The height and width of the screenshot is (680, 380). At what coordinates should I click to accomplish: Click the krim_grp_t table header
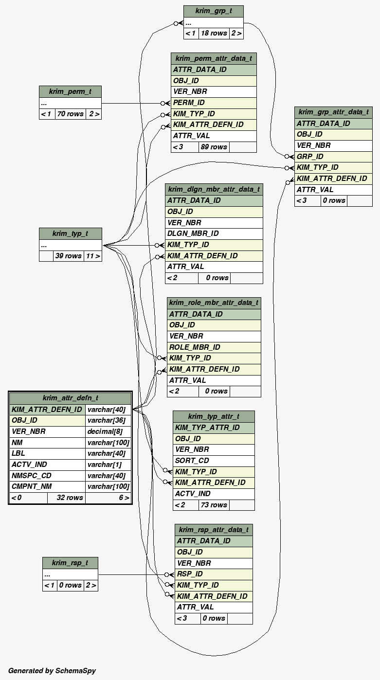pyautogui.click(x=213, y=11)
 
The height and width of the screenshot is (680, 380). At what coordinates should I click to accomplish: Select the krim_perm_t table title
pyautogui.click(x=70, y=91)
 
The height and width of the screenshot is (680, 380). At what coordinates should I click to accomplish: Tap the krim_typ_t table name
pyautogui.click(x=70, y=233)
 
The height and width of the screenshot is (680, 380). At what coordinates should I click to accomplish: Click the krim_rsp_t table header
pyautogui.click(x=70, y=563)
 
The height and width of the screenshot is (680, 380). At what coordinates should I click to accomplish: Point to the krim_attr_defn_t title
pyautogui.click(x=70, y=398)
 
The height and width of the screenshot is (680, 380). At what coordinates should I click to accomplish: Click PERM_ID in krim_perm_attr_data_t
pyautogui.click(x=189, y=103)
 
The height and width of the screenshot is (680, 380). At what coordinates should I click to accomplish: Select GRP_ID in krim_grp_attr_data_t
pyautogui.click(x=310, y=157)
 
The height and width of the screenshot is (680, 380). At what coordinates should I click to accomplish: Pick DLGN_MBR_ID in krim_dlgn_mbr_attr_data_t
pyautogui.click(x=193, y=233)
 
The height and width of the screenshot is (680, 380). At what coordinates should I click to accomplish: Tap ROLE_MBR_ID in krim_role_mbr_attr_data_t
pyautogui.click(x=195, y=347)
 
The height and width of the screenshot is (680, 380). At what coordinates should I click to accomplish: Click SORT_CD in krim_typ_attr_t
pyautogui.click(x=192, y=461)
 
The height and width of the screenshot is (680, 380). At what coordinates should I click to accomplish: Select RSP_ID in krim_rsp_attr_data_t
pyautogui.click(x=190, y=574)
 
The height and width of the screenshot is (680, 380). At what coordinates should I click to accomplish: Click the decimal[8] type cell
pyautogui.click(x=102, y=431)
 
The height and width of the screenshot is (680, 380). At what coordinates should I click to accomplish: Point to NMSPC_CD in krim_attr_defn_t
pyautogui.click(x=31, y=476)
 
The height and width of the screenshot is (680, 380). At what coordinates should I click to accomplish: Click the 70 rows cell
pyautogui.click(x=70, y=114)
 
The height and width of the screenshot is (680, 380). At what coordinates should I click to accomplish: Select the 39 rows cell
pyautogui.click(x=68, y=256)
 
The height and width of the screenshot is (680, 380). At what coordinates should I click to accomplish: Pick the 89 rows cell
pyautogui.click(x=214, y=147)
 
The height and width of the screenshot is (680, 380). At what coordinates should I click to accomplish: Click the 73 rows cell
pyautogui.click(x=214, y=505)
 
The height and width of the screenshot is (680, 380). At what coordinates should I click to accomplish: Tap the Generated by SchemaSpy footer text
pyautogui.click(x=52, y=671)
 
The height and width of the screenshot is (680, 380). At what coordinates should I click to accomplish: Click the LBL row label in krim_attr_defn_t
pyautogui.click(x=18, y=453)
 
